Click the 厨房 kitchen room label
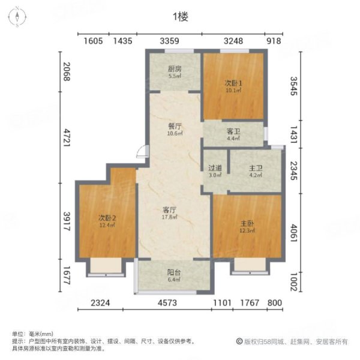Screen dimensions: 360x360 [x=174, y=68]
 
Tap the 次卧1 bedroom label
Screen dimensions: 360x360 [x=233, y=83]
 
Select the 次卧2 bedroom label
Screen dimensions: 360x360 [x=107, y=217]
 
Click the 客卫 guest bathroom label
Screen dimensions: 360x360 [x=233, y=131]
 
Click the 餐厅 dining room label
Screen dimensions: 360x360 [x=173, y=126]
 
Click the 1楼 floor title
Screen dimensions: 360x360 [x=180, y=17]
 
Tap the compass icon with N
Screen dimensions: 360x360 [x=18, y=16]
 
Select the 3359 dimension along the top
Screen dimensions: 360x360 [x=169, y=41]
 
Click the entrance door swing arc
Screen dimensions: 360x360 [x=140, y=152]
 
